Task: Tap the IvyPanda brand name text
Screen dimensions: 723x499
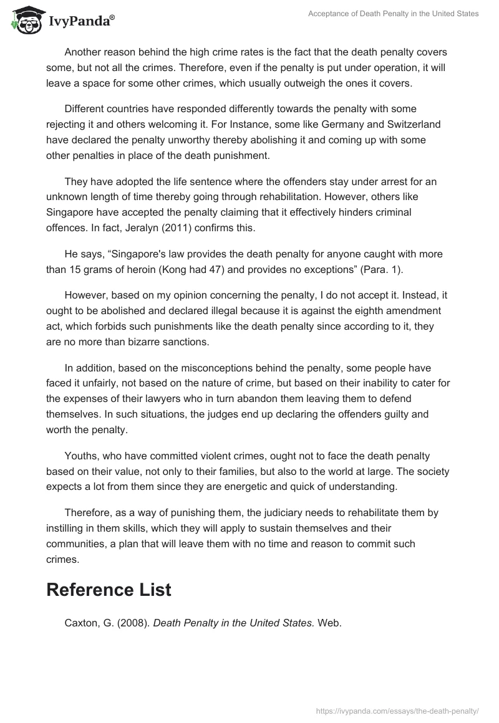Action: (81, 22)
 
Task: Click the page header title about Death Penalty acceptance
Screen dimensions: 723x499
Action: (394, 14)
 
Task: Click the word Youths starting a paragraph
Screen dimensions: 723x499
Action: (82, 456)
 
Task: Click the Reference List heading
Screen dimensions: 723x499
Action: (109, 590)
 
